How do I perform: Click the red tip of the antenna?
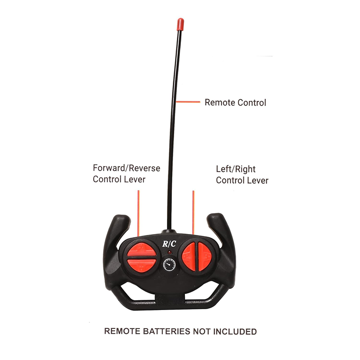pyautogui.click(x=180, y=24)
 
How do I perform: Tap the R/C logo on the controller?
pyautogui.click(x=169, y=243)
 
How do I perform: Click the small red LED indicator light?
pyautogui.click(x=170, y=252)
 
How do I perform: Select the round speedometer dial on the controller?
pyautogui.click(x=170, y=265)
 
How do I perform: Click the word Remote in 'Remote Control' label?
pyautogui.click(x=220, y=103)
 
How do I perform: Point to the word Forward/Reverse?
pyautogui.click(x=126, y=168)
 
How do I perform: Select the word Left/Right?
pyautogui.click(x=235, y=169)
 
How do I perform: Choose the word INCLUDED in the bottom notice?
pyautogui.click(x=235, y=332)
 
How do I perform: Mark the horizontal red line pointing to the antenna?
pyautogui.click(x=188, y=102)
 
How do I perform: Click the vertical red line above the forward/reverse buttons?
pyautogui.click(x=139, y=213)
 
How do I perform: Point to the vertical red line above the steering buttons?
pyautogui.click(x=193, y=212)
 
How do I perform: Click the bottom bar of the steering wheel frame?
pyautogui.click(x=170, y=304)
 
